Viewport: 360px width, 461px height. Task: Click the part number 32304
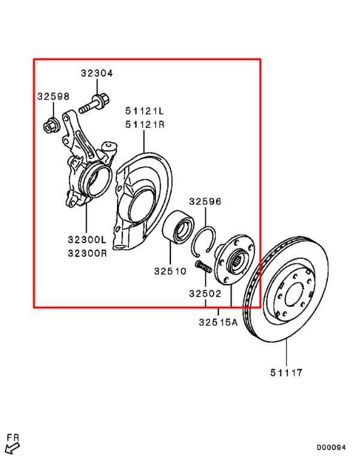97,73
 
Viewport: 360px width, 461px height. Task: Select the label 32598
53,97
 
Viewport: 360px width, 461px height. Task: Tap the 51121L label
145,111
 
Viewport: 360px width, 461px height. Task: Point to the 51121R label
145,125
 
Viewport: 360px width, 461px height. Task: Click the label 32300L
87,240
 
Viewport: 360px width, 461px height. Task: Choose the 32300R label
87,253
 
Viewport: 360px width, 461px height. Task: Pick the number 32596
205,202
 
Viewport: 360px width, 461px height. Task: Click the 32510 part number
170,271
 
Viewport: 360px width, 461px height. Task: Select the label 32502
205,294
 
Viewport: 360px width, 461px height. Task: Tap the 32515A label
218,322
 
